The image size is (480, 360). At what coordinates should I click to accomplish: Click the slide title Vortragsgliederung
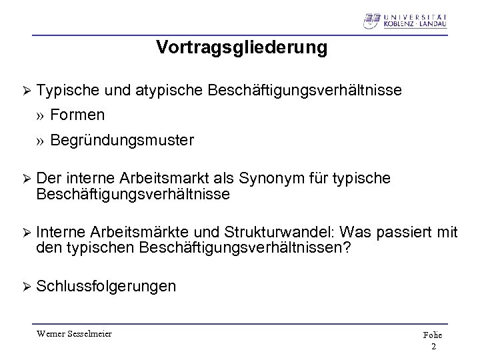click(242, 48)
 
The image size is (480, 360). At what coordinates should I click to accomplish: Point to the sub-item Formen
click(77, 115)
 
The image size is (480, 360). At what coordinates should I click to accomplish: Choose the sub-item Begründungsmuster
click(122, 141)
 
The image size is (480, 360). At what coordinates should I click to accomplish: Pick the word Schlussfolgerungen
click(107, 287)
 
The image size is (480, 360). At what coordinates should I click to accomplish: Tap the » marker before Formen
click(41, 115)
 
